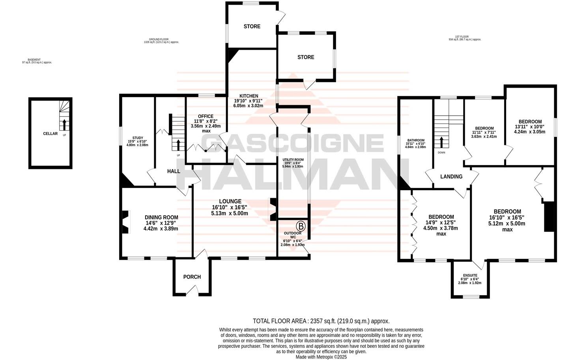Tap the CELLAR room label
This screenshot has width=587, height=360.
[x=50, y=134]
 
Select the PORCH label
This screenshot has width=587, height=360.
[x=192, y=277]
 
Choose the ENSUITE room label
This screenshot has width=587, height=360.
[x=470, y=276]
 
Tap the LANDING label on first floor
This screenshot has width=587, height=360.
[x=451, y=177]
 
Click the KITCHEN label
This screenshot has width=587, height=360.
[x=249, y=96]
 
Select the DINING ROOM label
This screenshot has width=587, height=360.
[x=161, y=217]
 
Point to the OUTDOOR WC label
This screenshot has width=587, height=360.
[x=292, y=235]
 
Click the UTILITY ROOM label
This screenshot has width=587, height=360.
[x=293, y=159]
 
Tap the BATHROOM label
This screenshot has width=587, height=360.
[x=416, y=141]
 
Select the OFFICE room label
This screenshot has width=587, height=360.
[x=206, y=116]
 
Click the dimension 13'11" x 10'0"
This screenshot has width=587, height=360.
[x=529, y=127]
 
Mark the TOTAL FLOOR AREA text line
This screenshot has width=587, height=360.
[x=321, y=321]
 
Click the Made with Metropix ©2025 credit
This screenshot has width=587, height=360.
[x=321, y=357]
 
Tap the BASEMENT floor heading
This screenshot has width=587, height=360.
[x=37, y=60]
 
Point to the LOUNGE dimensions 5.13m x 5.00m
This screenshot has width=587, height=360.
[x=230, y=214]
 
